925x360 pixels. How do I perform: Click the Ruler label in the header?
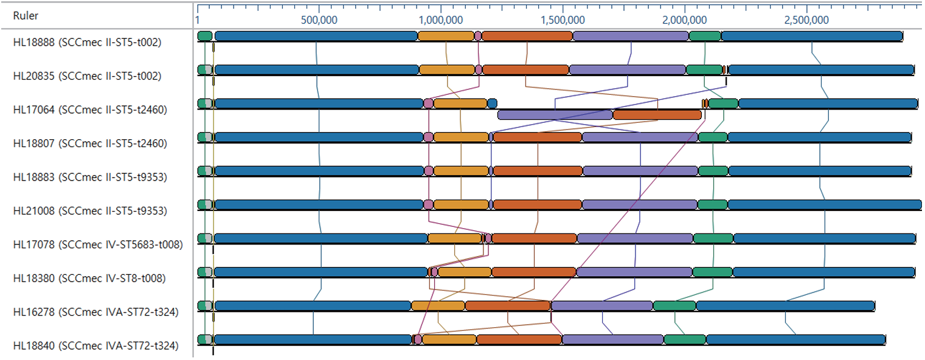[x=26, y=16]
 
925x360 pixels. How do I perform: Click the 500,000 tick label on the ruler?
[x=319, y=19]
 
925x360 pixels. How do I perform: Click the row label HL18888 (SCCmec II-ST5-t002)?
[x=87, y=42]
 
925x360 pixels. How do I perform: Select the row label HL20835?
[x=87, y=76]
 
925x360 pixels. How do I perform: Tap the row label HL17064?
[x=89, y=110]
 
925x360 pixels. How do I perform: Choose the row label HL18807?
[x=89, y=144]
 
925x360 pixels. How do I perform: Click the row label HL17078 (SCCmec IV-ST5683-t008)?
[x=97, y=244]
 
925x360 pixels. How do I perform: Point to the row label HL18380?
[x=89, y=278]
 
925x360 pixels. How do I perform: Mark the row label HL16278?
[x=95, y=312]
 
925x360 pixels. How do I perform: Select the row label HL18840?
[x=95, y=345]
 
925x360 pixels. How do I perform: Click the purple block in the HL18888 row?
[x=631, y=36]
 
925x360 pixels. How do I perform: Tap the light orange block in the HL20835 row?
[x=447, y=69]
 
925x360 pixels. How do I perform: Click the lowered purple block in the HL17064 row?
[x=555, y=114]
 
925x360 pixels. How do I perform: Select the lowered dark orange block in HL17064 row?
[x=657, y=114]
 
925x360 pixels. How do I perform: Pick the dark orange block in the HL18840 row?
[x=519, y=339]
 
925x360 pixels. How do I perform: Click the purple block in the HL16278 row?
[x=601, y=305]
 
